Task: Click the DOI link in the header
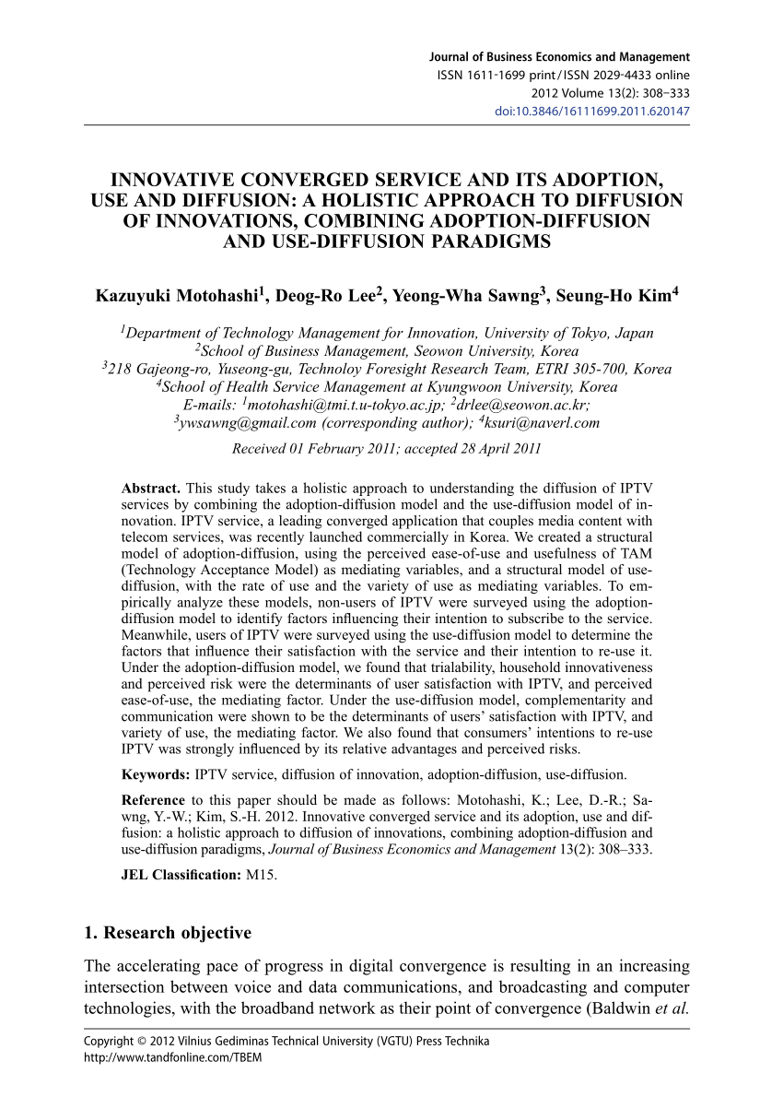coord(593,112)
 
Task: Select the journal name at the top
coord(559,57)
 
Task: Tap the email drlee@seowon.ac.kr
coord(520,405)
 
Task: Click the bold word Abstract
coord(152,488)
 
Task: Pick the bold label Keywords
coord(156,773)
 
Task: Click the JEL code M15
coord(261,874)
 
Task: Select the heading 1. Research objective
coord(167,933)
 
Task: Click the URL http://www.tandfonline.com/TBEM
coord(172,1057)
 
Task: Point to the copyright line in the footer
coord(286,1042)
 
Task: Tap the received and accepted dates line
coord(387,449)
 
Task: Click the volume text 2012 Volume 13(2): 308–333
coord(611,93)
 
